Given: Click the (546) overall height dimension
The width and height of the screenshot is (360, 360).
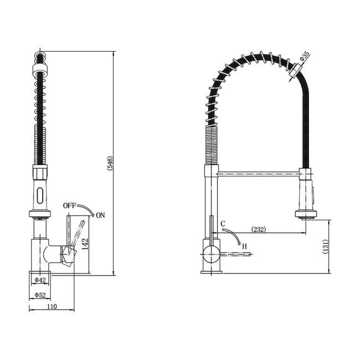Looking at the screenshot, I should [x=110, y=163].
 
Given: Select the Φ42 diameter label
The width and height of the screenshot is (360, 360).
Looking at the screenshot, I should [x=40, y=280].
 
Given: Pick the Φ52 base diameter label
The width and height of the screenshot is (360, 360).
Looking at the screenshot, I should [x=40, y=295].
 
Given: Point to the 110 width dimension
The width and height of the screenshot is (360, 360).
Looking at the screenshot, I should [x=52, y=306].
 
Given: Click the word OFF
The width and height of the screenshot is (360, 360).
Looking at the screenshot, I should [x=69, y=205].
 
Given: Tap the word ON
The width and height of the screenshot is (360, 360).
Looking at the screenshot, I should [x=100, y=215].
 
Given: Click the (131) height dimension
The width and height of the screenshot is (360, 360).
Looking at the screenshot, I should [x=326, y=245].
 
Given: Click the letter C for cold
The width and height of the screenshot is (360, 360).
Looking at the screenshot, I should [x=222, y=224].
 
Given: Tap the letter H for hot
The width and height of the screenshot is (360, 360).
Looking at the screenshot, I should [x=243, y=245].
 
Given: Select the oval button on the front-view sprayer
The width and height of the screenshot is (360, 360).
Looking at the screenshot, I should [x=39, y=194].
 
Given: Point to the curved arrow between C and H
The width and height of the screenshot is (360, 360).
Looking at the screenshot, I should [x=235, y=235].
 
